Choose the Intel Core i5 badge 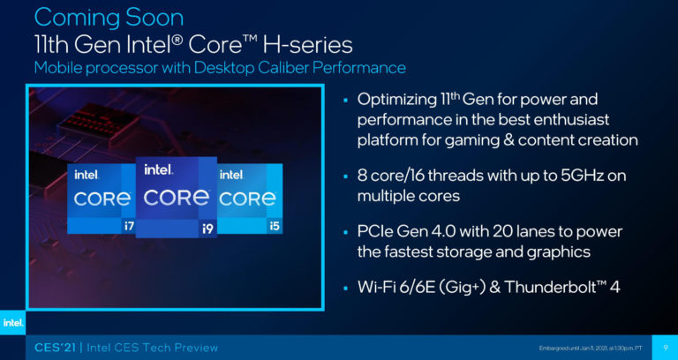(251, 198)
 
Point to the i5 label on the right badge (275, 226)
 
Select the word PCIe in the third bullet (378, 231)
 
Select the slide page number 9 (664, 346)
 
